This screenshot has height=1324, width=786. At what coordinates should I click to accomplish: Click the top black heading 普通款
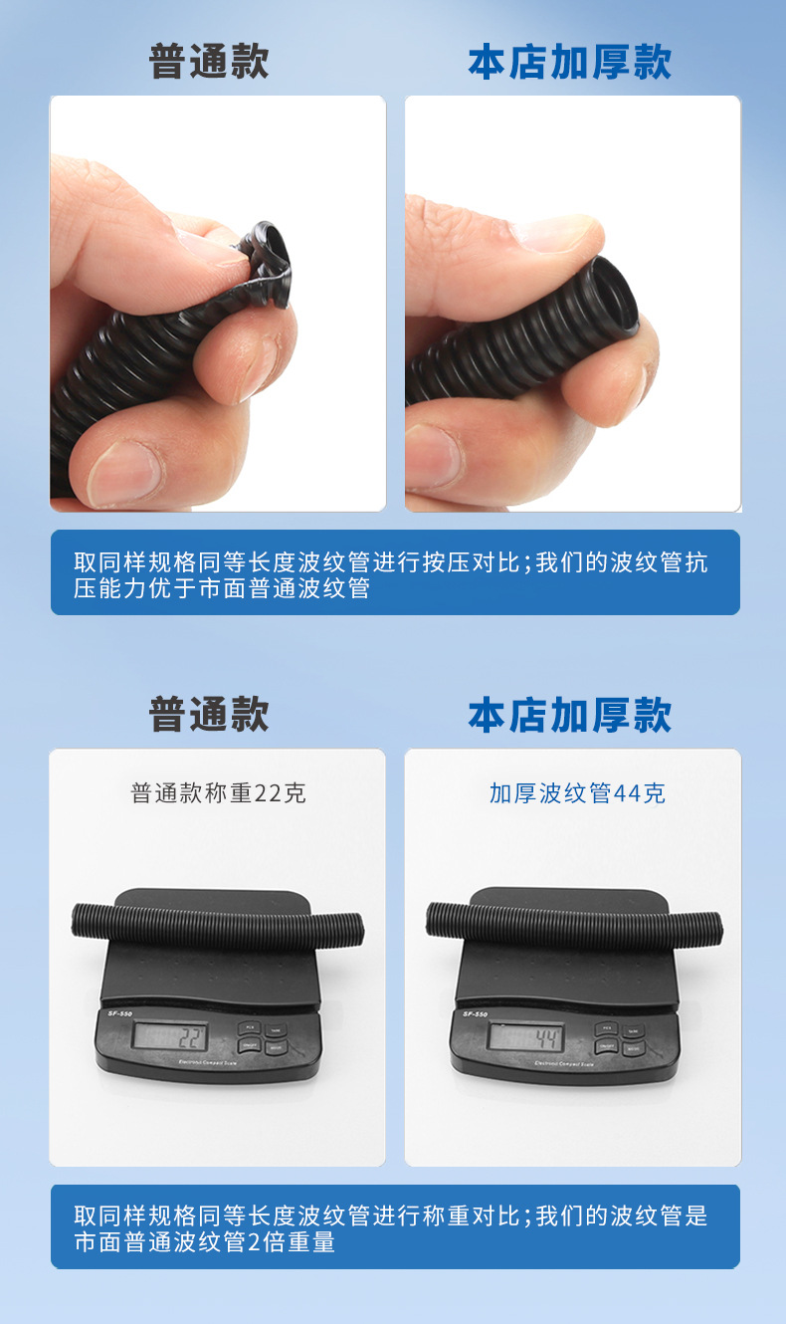point(209,62)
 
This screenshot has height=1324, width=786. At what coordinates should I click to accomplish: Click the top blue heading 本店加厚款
point(570,62)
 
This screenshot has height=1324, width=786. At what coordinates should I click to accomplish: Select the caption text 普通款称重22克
point(218,793)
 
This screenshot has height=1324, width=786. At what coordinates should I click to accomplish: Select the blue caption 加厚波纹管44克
point(577,793)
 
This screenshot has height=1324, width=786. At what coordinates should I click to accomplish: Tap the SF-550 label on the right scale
point(476,1013)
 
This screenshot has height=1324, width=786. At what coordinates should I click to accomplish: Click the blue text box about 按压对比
point(395,573)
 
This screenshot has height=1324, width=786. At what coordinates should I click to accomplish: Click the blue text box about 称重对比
point(395,1227)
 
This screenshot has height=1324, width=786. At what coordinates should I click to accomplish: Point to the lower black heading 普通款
point(209,715)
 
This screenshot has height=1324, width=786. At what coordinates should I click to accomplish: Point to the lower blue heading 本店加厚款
point(570,715)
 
